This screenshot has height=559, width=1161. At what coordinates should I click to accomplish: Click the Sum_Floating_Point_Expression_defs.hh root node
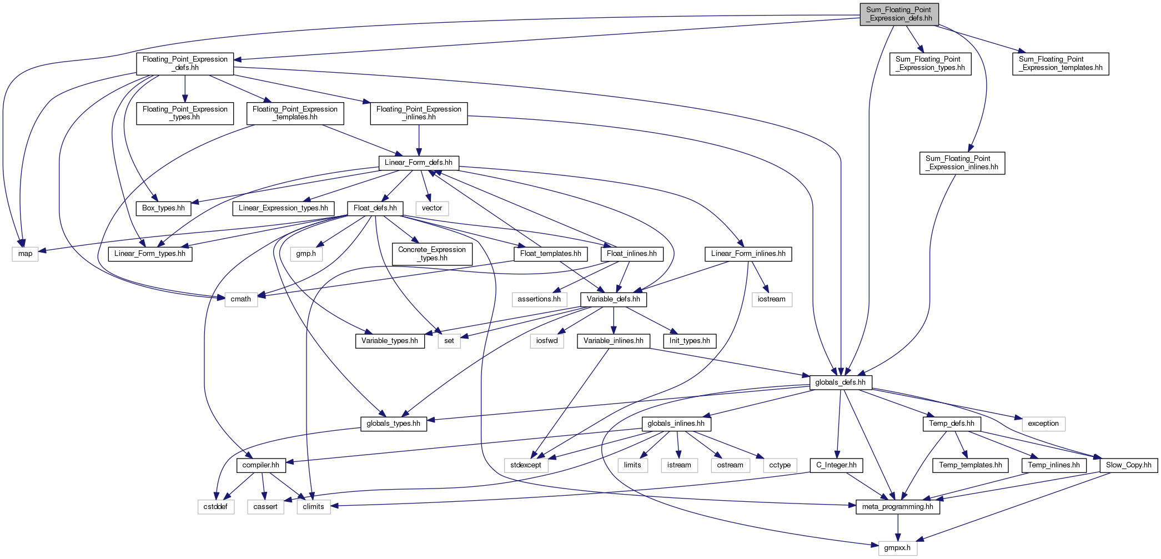click(899, 14)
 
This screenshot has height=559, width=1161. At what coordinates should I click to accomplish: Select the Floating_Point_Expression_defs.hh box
click(185, 64)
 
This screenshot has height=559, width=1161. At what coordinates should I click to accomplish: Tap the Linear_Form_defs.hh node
click(419, 163)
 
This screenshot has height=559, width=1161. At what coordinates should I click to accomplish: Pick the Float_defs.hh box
click(375, 208)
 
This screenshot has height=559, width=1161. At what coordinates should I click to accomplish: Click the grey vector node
click(432, 208)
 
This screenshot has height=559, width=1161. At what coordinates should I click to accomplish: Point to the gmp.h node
click(306, 254)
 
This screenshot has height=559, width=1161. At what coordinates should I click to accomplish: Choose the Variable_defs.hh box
click(614, 299)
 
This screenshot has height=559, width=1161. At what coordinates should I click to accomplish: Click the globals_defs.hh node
click(841, 382)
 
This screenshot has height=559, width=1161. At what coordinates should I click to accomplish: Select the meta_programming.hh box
click(898, 507)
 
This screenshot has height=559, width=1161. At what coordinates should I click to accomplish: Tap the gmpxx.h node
click(897, 548)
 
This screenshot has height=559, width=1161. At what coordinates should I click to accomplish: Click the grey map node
click(26, 254)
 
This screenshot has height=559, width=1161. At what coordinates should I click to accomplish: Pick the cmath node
click(241, 299)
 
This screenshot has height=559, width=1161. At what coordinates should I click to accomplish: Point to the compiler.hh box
click(261, 465)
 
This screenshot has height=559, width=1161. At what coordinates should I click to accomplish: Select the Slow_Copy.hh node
click(1129, 465)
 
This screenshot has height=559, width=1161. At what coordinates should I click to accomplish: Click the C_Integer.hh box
click(836, 465)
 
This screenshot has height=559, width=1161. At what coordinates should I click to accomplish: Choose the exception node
click(1043, 424)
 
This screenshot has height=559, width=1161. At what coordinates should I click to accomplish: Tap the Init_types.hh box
click(690, 341)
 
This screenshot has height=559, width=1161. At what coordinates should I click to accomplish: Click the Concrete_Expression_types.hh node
click(432, 254)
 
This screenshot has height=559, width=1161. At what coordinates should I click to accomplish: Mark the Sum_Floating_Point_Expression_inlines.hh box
click(962, 163)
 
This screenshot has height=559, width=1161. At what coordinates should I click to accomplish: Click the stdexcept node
click(526, 465)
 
